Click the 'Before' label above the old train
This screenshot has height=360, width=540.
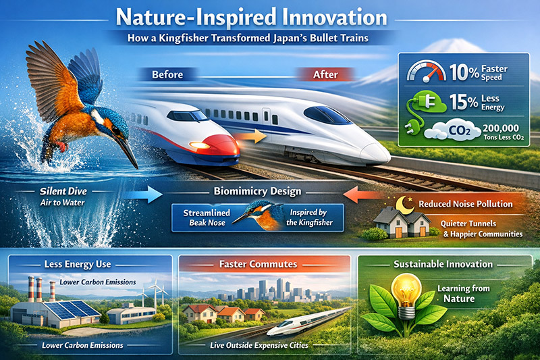pyautogui.click(x=167, y=74)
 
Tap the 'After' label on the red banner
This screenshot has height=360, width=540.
pyautogui.click(x=325, y=74)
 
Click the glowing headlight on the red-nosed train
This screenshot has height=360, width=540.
pyautogui.click(x=200, y=145)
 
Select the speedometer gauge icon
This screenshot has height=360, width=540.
pyautogui.click(x=427, y=72)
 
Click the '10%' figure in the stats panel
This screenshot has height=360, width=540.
pyautogui.click(x=464, y=72)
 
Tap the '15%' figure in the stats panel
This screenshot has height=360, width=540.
pyautogui.click(x=464, y=102)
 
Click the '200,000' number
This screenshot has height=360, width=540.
pyautogui.click(x=501, y=128)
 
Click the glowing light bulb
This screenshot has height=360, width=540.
pyautogui.click(x=407, y=296)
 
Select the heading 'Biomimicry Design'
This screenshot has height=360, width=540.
pyautogui.click(x=257, y=191)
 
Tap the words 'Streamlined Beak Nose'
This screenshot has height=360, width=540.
pyautogui.click(x=207, y=217)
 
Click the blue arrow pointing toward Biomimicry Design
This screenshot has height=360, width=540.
pyautogui.click(x=142, y=195)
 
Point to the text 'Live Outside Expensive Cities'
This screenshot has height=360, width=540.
pyautogui.click(x=259, y=345)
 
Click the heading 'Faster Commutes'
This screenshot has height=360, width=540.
pyautogui.click(x=258, y=264)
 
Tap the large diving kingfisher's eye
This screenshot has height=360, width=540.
pyautogui.click(x=115, y=131)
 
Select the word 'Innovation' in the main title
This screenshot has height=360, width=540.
pyautogui.click(x=334, y=18)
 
